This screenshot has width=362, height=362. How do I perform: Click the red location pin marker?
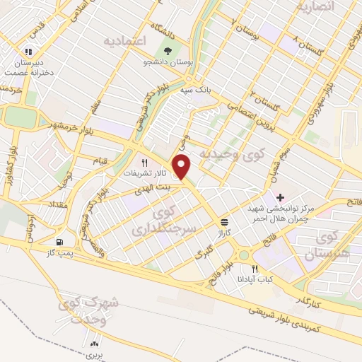183,167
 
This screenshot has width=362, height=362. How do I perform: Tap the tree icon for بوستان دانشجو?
168,52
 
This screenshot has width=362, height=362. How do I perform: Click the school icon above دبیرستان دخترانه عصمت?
28,51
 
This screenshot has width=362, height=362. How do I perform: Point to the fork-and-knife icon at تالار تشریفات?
144,162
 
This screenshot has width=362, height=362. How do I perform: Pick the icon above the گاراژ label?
224,220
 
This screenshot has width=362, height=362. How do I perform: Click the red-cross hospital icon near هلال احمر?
281,197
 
